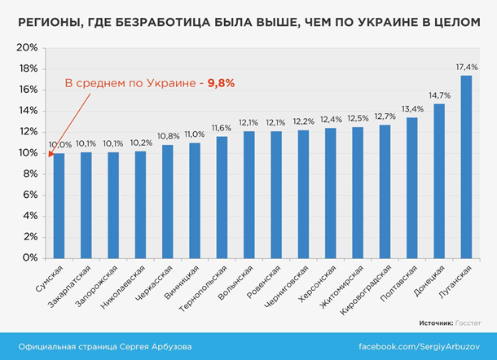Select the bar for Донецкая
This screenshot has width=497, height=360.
[x=439, y=180]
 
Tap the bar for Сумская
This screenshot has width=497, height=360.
[x=59, y=204]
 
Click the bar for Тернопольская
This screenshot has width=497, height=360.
[x=222, y=196]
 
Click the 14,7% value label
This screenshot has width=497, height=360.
[x=439, y=95]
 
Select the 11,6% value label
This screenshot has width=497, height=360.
[x=222, y=128]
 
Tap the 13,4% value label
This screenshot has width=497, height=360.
[x=412, y=109]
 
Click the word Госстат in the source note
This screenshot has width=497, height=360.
[x=468, y=323]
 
